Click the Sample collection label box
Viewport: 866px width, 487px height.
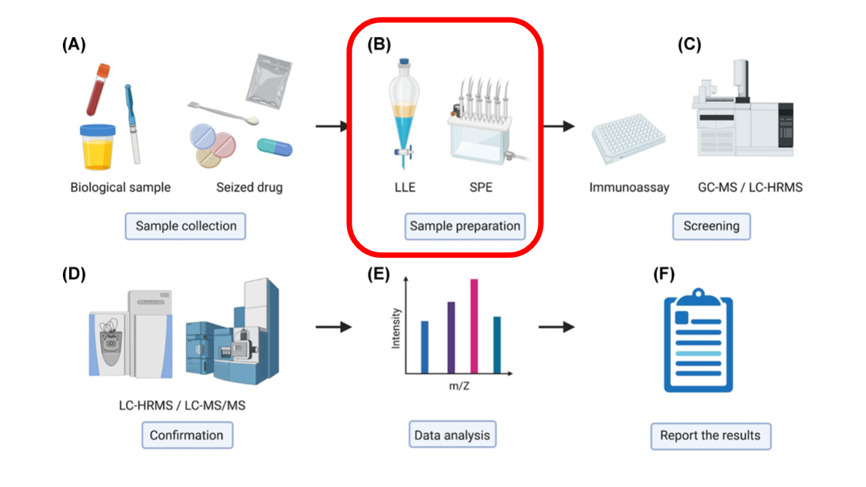(x=185, y=226)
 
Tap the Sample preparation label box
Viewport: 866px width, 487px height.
(x=465, y=226)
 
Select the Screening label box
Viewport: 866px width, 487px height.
(x=711, y=226)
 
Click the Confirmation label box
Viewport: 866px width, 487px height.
(x=187, y=435)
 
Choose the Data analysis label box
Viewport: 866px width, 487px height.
(x=452, y=435)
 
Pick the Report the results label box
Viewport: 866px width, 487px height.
(x=710, y=435)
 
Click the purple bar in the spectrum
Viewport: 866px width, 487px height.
(x=451, y=337)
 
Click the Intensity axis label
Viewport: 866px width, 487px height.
(x=396, y=328)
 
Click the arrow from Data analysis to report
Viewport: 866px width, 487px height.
(x=556, y=327)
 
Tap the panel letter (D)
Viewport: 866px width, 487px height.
(x=74, y=275)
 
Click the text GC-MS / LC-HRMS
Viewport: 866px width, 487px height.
(x=750, y=187)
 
